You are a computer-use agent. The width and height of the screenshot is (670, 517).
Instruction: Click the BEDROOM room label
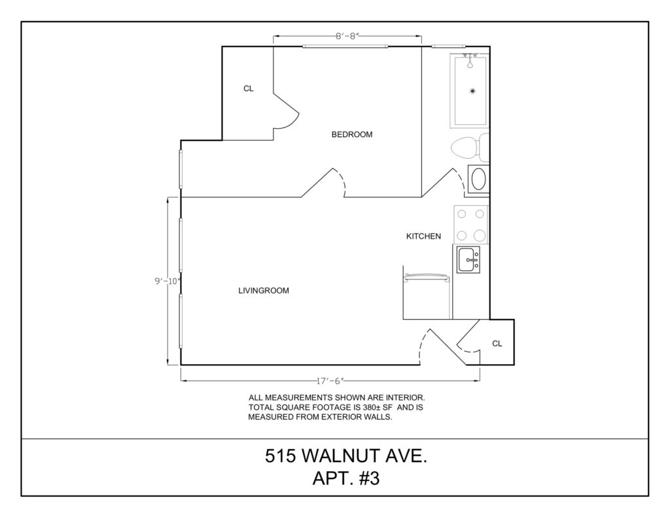click(x=351, y=135)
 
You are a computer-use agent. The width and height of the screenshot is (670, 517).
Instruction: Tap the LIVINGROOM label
click(x=264, y=291)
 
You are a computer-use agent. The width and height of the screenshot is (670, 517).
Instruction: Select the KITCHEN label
click(x=423, y=236)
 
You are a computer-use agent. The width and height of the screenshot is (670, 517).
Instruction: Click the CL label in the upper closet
click(x=248, y=88)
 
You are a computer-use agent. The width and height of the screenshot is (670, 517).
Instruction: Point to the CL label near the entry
click(x=497, y=344)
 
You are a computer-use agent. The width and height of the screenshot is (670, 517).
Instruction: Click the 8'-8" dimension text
click(x=347, y=37)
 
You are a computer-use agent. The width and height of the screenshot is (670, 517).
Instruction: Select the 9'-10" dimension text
click(x=168, y=281)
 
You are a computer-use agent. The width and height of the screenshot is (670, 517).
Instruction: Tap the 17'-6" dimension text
click(x=330, y=381)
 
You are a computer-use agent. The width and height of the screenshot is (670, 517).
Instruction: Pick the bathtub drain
click(x=472, y=91)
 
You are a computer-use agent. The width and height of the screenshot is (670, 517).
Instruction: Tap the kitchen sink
click(x=468, y=259)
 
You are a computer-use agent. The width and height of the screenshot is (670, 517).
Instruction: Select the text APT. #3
click(x=346, y=478)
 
